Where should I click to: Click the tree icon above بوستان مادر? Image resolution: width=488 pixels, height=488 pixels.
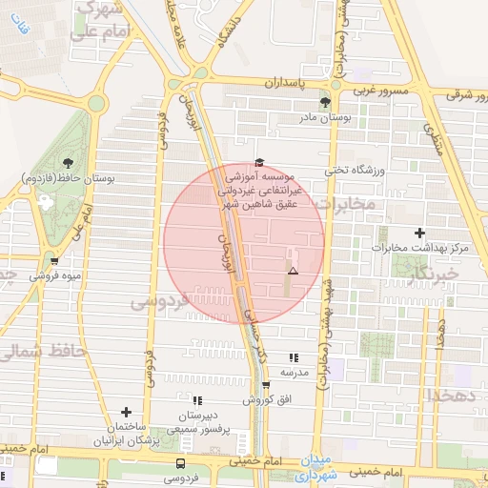pyautogui.click(x=326, y=101)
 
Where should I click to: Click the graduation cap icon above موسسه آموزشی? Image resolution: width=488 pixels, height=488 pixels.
pyautogui.click(x=259, y=162)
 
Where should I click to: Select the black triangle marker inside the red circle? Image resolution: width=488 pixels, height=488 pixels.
pyautogui.click(x=293, y=272)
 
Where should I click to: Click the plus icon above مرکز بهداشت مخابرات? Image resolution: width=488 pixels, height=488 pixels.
pyautogui.click(x=419, y=234)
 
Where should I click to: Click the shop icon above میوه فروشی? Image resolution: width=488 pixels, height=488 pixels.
pyautogui.click(x=54, y=260)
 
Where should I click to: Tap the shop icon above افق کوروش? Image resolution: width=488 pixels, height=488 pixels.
pyautogui.click(x=266, y=385)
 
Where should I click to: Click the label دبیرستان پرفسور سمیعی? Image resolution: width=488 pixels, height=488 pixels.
pyautogui.click(x=196, y=422)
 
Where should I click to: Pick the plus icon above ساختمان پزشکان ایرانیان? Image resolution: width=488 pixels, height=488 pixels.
pyautogui.click(x=126, y=412)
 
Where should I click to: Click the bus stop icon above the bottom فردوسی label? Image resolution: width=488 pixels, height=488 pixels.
pyautogui.click(x=180, y=462)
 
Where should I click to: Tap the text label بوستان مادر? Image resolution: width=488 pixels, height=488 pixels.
pyautogui.click(x=334, y=117)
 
